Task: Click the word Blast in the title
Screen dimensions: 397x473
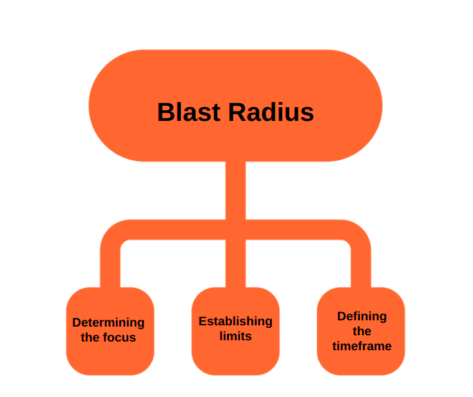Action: tap(189, 113)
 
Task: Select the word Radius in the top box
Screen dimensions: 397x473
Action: tap(270, 113)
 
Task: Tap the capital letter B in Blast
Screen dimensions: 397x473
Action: tap(165, 113)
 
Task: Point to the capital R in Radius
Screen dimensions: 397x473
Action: tap(237, 113)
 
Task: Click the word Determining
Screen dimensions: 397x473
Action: tap(108, 323)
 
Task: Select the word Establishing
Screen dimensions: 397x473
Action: tap(235, 322)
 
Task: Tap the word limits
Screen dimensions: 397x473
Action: tap(236, 337)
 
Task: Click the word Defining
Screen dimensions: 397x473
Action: tap(362, 316)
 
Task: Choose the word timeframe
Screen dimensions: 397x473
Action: tap(362, 347)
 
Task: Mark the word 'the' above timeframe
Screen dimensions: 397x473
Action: tap(362, 331)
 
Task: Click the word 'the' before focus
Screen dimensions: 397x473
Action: tap(90, 338)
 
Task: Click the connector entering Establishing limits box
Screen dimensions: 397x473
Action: tap(236, 268)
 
